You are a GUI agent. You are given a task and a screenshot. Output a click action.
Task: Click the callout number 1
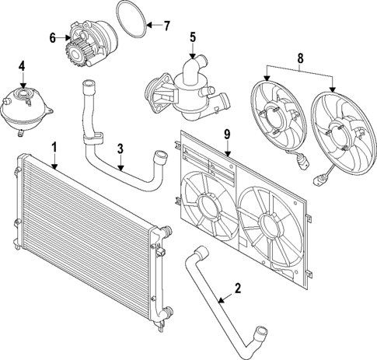point(54,146)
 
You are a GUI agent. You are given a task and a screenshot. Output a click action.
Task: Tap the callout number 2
point(238,288)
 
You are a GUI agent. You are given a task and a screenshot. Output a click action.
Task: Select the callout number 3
point(120,147)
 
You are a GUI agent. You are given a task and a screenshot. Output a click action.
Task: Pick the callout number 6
point(54,37)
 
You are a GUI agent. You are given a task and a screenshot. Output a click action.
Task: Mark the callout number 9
point(227,135)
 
